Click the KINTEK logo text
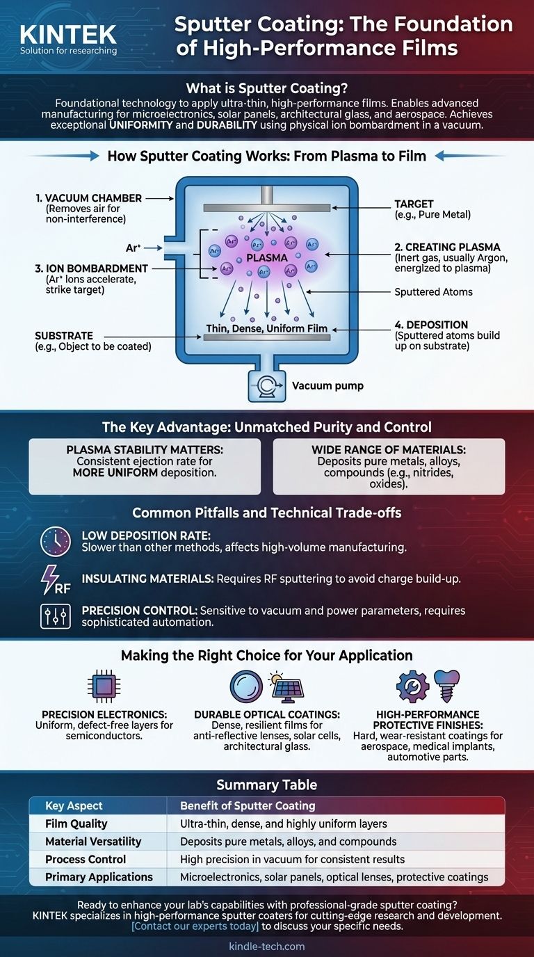coord(68,33)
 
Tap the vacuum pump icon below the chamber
coord(268,385)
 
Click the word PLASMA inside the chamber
coord(267,257)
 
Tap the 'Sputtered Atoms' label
coord(434,291)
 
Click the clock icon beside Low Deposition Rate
coord(56,540)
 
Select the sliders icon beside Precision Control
coord(56,616)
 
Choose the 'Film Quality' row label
coord(76,823)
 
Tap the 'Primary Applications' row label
coord(99,877)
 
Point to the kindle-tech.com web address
coord(266,946)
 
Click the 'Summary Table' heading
coord(267,785)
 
